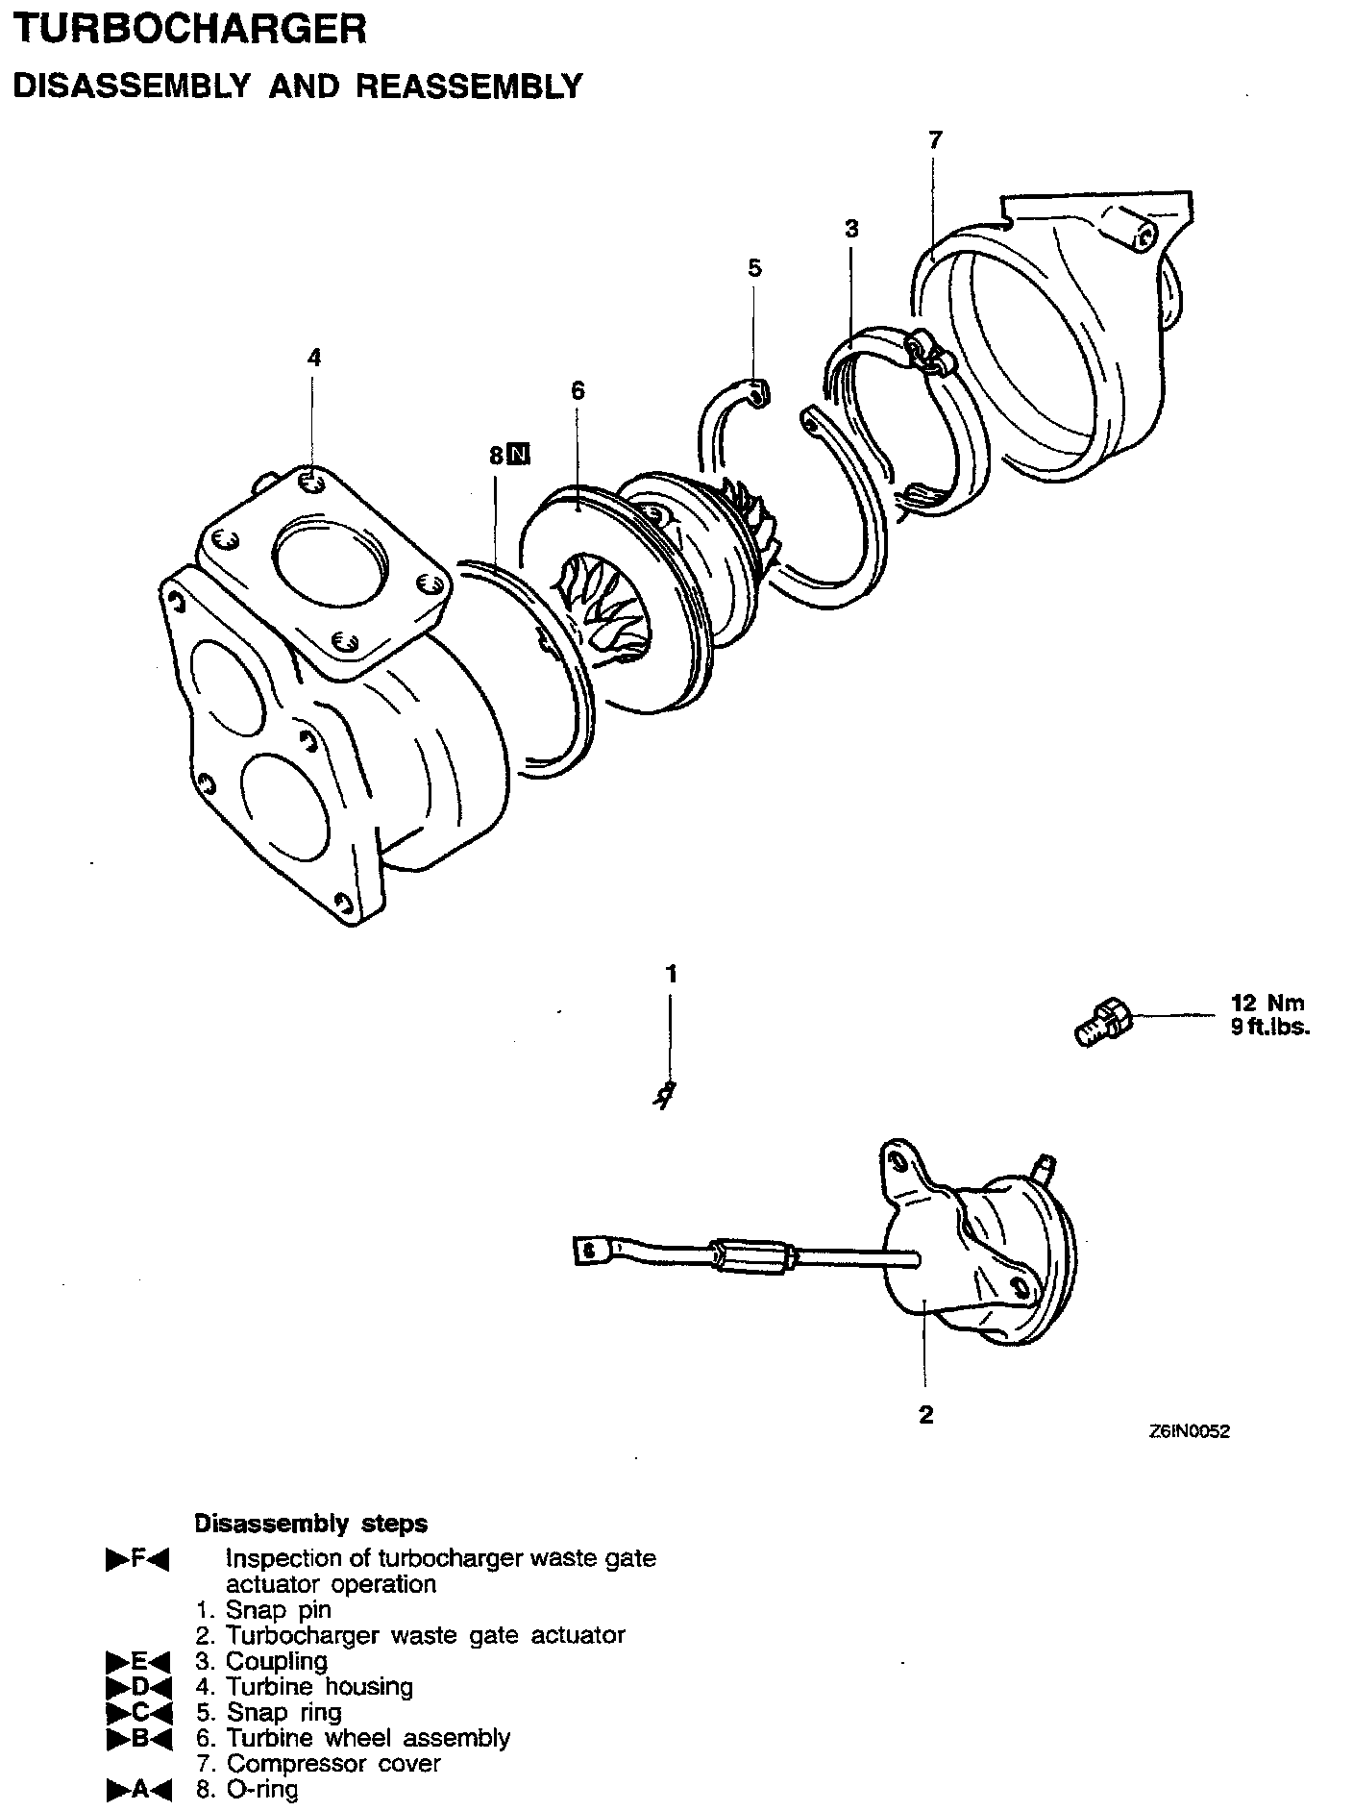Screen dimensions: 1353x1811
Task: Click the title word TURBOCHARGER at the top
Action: [188, 29]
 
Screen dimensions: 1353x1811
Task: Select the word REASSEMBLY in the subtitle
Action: [469, 87]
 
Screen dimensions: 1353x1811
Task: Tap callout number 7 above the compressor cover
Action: [935, 140]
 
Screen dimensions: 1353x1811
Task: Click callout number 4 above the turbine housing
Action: [314, 358]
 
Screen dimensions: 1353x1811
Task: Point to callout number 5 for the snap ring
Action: [754, 268]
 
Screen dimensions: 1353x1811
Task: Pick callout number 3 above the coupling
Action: [851, 229]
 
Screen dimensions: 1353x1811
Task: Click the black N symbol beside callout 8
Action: [518, 455]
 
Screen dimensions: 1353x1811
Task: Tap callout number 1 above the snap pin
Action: [672, 974]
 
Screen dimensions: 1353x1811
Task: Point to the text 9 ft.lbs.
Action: [1269, 1027]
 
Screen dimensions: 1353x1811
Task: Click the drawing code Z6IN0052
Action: [1189, 1431]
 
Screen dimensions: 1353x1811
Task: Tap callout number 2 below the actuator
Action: [925, 1414]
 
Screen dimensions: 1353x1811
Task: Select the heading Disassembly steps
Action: [310, 1524]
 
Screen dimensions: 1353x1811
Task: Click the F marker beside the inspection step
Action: [137, 1559]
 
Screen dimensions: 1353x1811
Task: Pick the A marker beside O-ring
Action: [137, 1790]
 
